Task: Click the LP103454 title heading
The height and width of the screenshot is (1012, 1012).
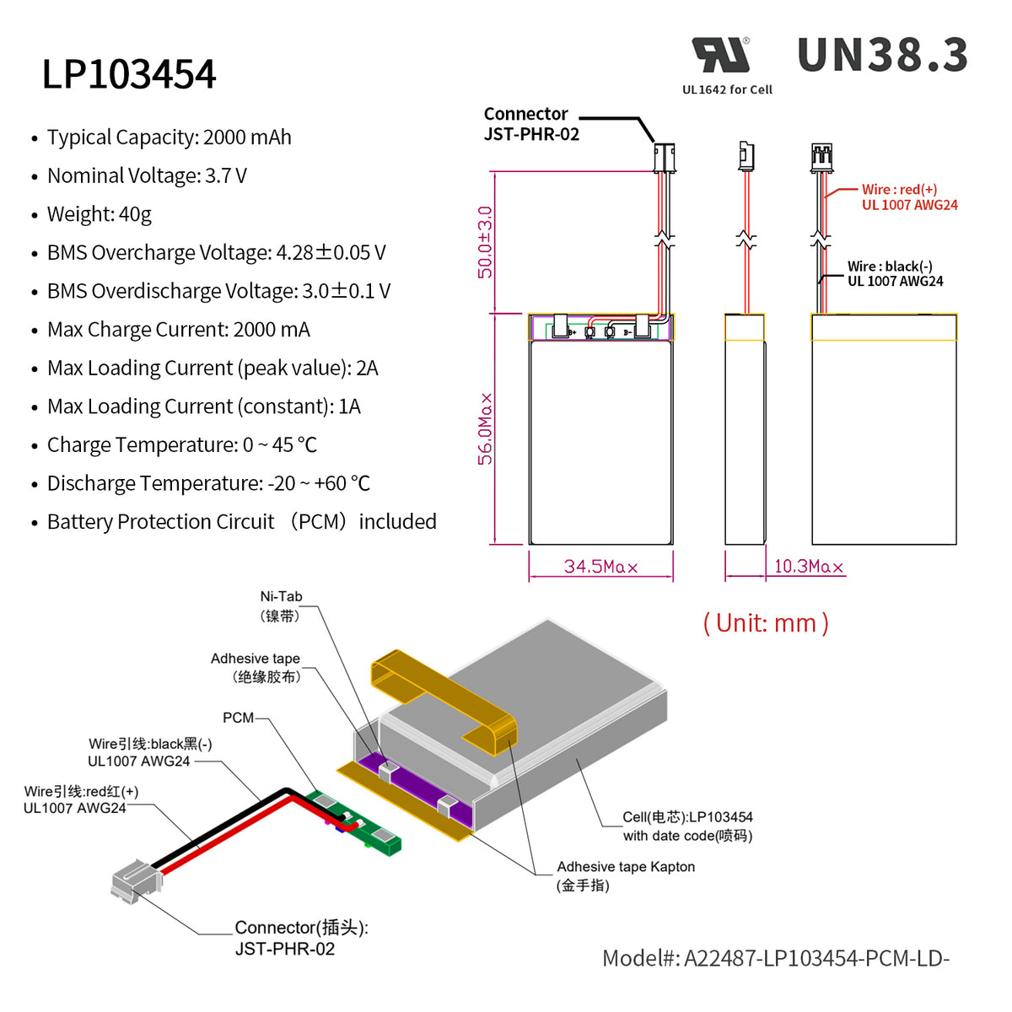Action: point(129,74)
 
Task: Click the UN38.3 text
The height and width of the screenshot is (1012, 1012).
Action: point(882,56)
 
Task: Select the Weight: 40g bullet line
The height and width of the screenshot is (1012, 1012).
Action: point(100,214)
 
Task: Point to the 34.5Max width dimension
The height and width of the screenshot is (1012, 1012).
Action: point(600,567)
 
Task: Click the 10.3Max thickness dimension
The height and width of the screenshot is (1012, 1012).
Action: point(808,567)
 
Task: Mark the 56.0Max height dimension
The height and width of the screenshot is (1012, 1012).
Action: point(486,428)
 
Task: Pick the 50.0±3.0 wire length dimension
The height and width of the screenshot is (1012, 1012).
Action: point(486,242)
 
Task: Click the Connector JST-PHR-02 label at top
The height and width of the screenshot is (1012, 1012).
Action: point(530,124)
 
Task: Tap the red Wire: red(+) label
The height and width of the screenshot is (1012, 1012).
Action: point(908,197)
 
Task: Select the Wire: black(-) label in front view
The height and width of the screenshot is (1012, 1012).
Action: point(895,274)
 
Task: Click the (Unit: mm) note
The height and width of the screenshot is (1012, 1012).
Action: point(766,623)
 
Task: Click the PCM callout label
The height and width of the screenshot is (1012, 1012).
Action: point(238,718)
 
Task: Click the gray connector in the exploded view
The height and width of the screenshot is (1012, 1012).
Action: point(135,879)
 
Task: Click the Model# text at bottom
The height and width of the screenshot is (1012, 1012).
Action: point(775,959)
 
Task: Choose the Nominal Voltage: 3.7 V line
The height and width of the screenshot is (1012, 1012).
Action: point(147,176)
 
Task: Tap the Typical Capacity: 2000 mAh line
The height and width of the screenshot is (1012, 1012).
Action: point(169,137)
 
